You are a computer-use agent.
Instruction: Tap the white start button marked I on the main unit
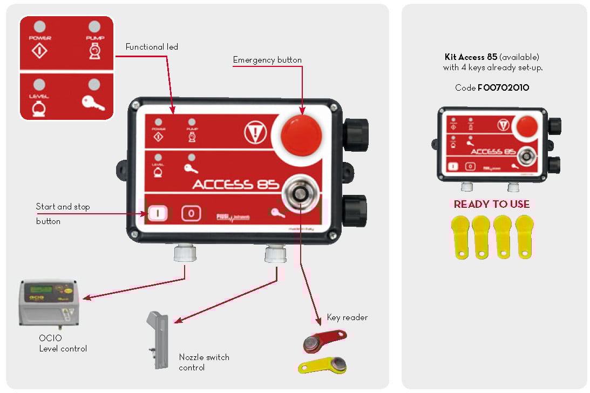click(158, 213)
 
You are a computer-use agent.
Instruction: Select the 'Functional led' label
click(152, 47)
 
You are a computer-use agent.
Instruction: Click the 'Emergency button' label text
click(267, 60)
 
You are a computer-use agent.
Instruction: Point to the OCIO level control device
click(48, 303)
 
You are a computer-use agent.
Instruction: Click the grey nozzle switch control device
click(156, 340)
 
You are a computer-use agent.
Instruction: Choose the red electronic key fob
click(323, 340)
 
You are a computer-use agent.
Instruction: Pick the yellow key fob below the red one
click(323, 366)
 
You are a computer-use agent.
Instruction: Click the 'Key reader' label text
click(347, 317)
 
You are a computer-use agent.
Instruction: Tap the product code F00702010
click(503, 87)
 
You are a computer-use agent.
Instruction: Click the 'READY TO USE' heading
click(491, 204)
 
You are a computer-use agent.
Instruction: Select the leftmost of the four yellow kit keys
click(461, 236)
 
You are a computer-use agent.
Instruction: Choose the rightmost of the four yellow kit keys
click(524, 236)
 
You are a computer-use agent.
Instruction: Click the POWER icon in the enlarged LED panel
click(40, 51)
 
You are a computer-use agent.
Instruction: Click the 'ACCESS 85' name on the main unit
click(236, 184)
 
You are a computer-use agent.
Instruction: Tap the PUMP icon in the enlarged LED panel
click(94, 51)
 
